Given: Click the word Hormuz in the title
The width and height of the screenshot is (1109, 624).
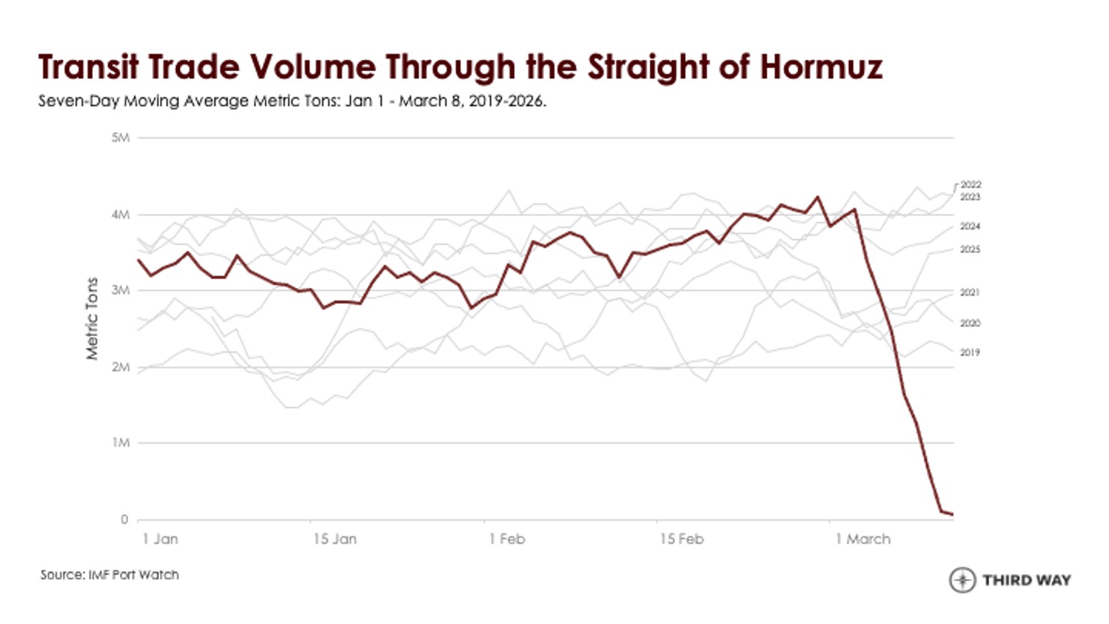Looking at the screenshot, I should (x=821, y=67).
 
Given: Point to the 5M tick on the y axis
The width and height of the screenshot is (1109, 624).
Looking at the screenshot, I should (x=121, y=138).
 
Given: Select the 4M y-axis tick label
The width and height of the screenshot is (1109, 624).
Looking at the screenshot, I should (x=121, y=215).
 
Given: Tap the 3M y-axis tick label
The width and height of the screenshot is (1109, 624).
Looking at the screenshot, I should (x=121, y=290).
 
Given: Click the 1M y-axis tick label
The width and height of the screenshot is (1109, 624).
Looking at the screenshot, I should (x=121, y=442).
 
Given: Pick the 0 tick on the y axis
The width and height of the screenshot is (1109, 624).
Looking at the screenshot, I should (x=124, y=519).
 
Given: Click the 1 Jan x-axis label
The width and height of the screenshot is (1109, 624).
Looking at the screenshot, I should (x=160, y=538).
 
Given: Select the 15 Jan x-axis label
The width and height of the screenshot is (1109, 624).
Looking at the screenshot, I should (x=335, y=538).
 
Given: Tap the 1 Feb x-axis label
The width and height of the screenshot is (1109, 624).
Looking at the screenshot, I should (x=507, y=538).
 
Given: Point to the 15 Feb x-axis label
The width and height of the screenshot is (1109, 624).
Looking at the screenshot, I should (x=682, y=538).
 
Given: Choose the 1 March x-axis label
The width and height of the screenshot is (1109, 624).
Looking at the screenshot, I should (x=863, y=538).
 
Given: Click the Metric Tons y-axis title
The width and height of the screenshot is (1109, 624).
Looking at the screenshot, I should (x=92, y=319).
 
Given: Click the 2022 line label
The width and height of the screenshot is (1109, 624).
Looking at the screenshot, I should (x=970, y=184).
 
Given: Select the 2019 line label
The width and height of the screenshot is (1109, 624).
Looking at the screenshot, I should (x=970, y=352).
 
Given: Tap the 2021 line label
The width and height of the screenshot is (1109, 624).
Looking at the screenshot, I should (x=970, y=292).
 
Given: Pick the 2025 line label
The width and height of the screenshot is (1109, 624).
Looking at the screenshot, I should (x=970, y=249).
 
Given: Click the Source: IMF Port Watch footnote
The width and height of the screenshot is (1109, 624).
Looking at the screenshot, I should (x=109, y=575).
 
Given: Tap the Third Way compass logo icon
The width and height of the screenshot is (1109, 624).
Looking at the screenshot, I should (x=962, y=580).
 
